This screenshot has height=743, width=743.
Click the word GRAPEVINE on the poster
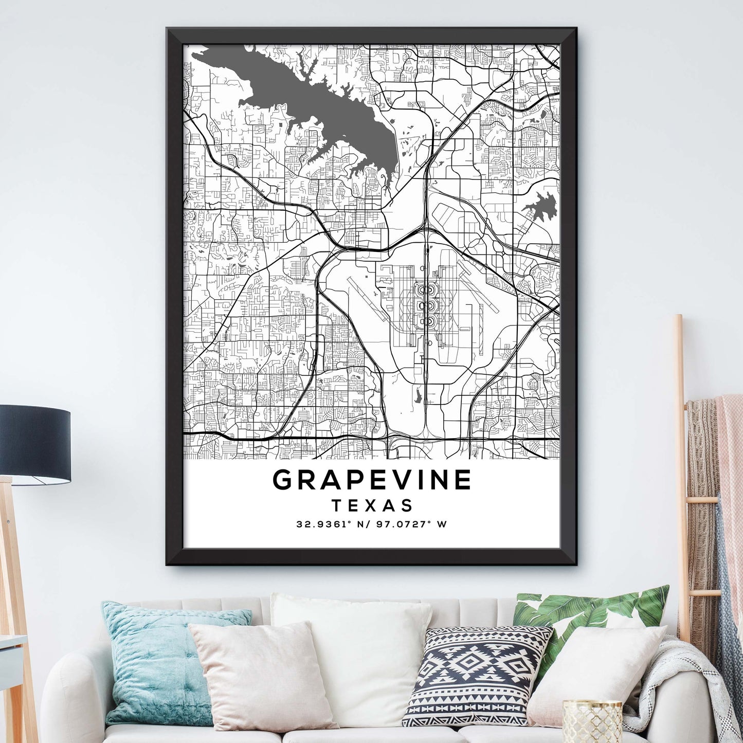click(372, 480)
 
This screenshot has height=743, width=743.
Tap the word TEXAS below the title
click(372, 505)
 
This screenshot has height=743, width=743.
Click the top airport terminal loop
click(425, 291)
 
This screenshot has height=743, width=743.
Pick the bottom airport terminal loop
click(425, 322)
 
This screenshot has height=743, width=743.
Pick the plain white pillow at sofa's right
click(596, 668)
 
